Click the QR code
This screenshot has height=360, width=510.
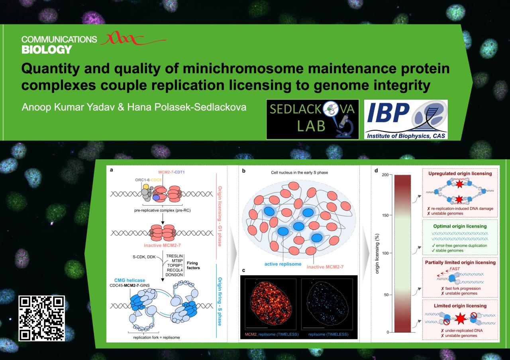42,318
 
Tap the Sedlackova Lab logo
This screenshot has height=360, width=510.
313,119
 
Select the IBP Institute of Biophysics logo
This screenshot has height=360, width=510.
406,119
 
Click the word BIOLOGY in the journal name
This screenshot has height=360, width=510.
47,50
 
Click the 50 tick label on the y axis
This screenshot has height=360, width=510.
386,295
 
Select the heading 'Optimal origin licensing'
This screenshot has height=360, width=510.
460,226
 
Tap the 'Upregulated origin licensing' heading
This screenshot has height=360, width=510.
460,173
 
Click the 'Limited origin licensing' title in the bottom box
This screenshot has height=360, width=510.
460,305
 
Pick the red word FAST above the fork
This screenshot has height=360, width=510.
455,269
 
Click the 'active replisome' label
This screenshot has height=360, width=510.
283,264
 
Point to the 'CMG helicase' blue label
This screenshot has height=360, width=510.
129,280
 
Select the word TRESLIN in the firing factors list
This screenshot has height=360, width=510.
175,256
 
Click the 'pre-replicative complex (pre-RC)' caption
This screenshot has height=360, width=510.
162,210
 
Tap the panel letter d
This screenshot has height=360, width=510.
376,170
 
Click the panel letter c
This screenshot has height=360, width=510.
243,270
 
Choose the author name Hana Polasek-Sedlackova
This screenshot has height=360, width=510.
187,107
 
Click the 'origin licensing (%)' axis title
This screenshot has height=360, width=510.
377,253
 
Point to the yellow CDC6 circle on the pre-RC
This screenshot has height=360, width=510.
146,187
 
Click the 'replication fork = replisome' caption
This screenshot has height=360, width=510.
157,337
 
